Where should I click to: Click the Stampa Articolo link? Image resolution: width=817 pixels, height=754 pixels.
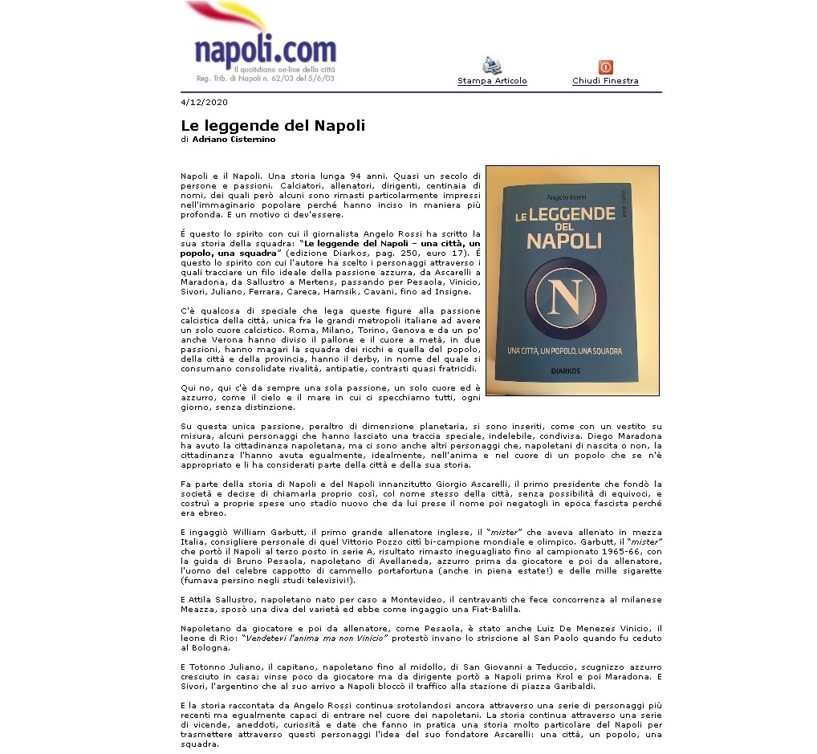pyautogui.click(x=492, y=81)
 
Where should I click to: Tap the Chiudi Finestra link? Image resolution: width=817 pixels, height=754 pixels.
pyautogui.click(x=605, y=81)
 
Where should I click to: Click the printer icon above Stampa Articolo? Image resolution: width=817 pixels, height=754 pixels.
pyautogui.click(x=492, y=66)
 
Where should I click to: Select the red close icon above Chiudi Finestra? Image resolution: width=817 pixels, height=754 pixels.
pyautogui.click(x=605, y=67)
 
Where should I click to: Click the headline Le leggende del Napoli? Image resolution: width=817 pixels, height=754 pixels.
pyautogui.click(x=273, y=126)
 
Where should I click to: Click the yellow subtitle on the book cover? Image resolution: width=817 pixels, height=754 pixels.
pyautogui.click(x=565, y=351)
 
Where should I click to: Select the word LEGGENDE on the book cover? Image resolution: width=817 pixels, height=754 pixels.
pyautogui.click(x=571, y=214)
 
